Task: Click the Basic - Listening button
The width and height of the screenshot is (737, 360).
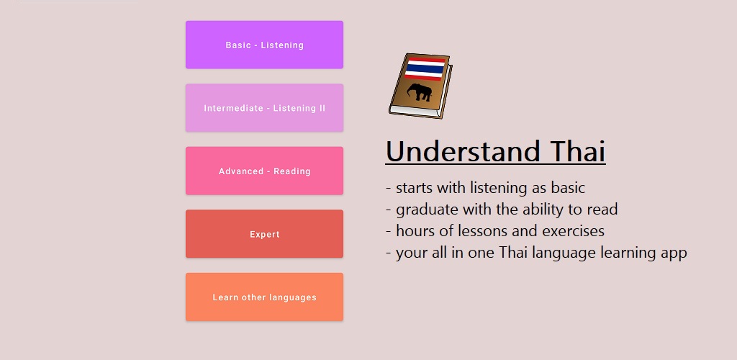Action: click(264, 45)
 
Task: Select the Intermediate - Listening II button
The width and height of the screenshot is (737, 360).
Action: click(264, 107)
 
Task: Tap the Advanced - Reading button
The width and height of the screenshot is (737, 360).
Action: click(264, 171)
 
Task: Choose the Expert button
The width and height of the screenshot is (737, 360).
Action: click(264, 233)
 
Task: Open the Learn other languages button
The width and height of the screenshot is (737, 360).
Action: click(264, 297)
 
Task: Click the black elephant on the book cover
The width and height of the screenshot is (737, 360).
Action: click(420, 92)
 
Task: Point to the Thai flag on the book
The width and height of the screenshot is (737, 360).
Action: click(425, 69)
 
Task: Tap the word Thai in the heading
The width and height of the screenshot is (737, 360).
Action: click(579, 151)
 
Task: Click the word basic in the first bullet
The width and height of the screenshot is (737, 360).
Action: click(568, 187)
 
